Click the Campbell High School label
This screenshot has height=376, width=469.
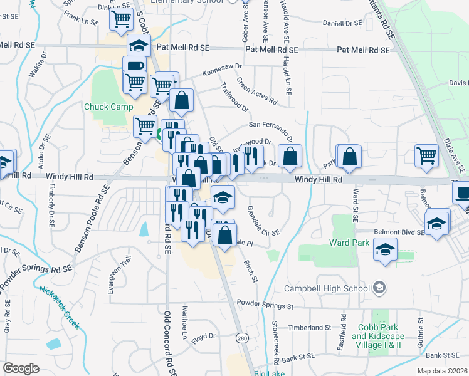327,288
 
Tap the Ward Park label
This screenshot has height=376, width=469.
347,242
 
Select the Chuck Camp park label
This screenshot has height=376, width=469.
109,107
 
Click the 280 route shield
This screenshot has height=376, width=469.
241,338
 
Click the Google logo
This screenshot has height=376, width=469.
21,368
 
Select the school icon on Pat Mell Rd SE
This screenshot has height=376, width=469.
139,45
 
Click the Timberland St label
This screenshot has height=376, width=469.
310,328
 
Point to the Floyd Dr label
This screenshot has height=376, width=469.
204,339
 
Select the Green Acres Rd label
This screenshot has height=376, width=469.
256,91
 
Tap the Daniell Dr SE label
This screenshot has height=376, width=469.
342,23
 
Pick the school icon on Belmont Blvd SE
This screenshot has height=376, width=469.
437,222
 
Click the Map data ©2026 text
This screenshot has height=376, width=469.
443,371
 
